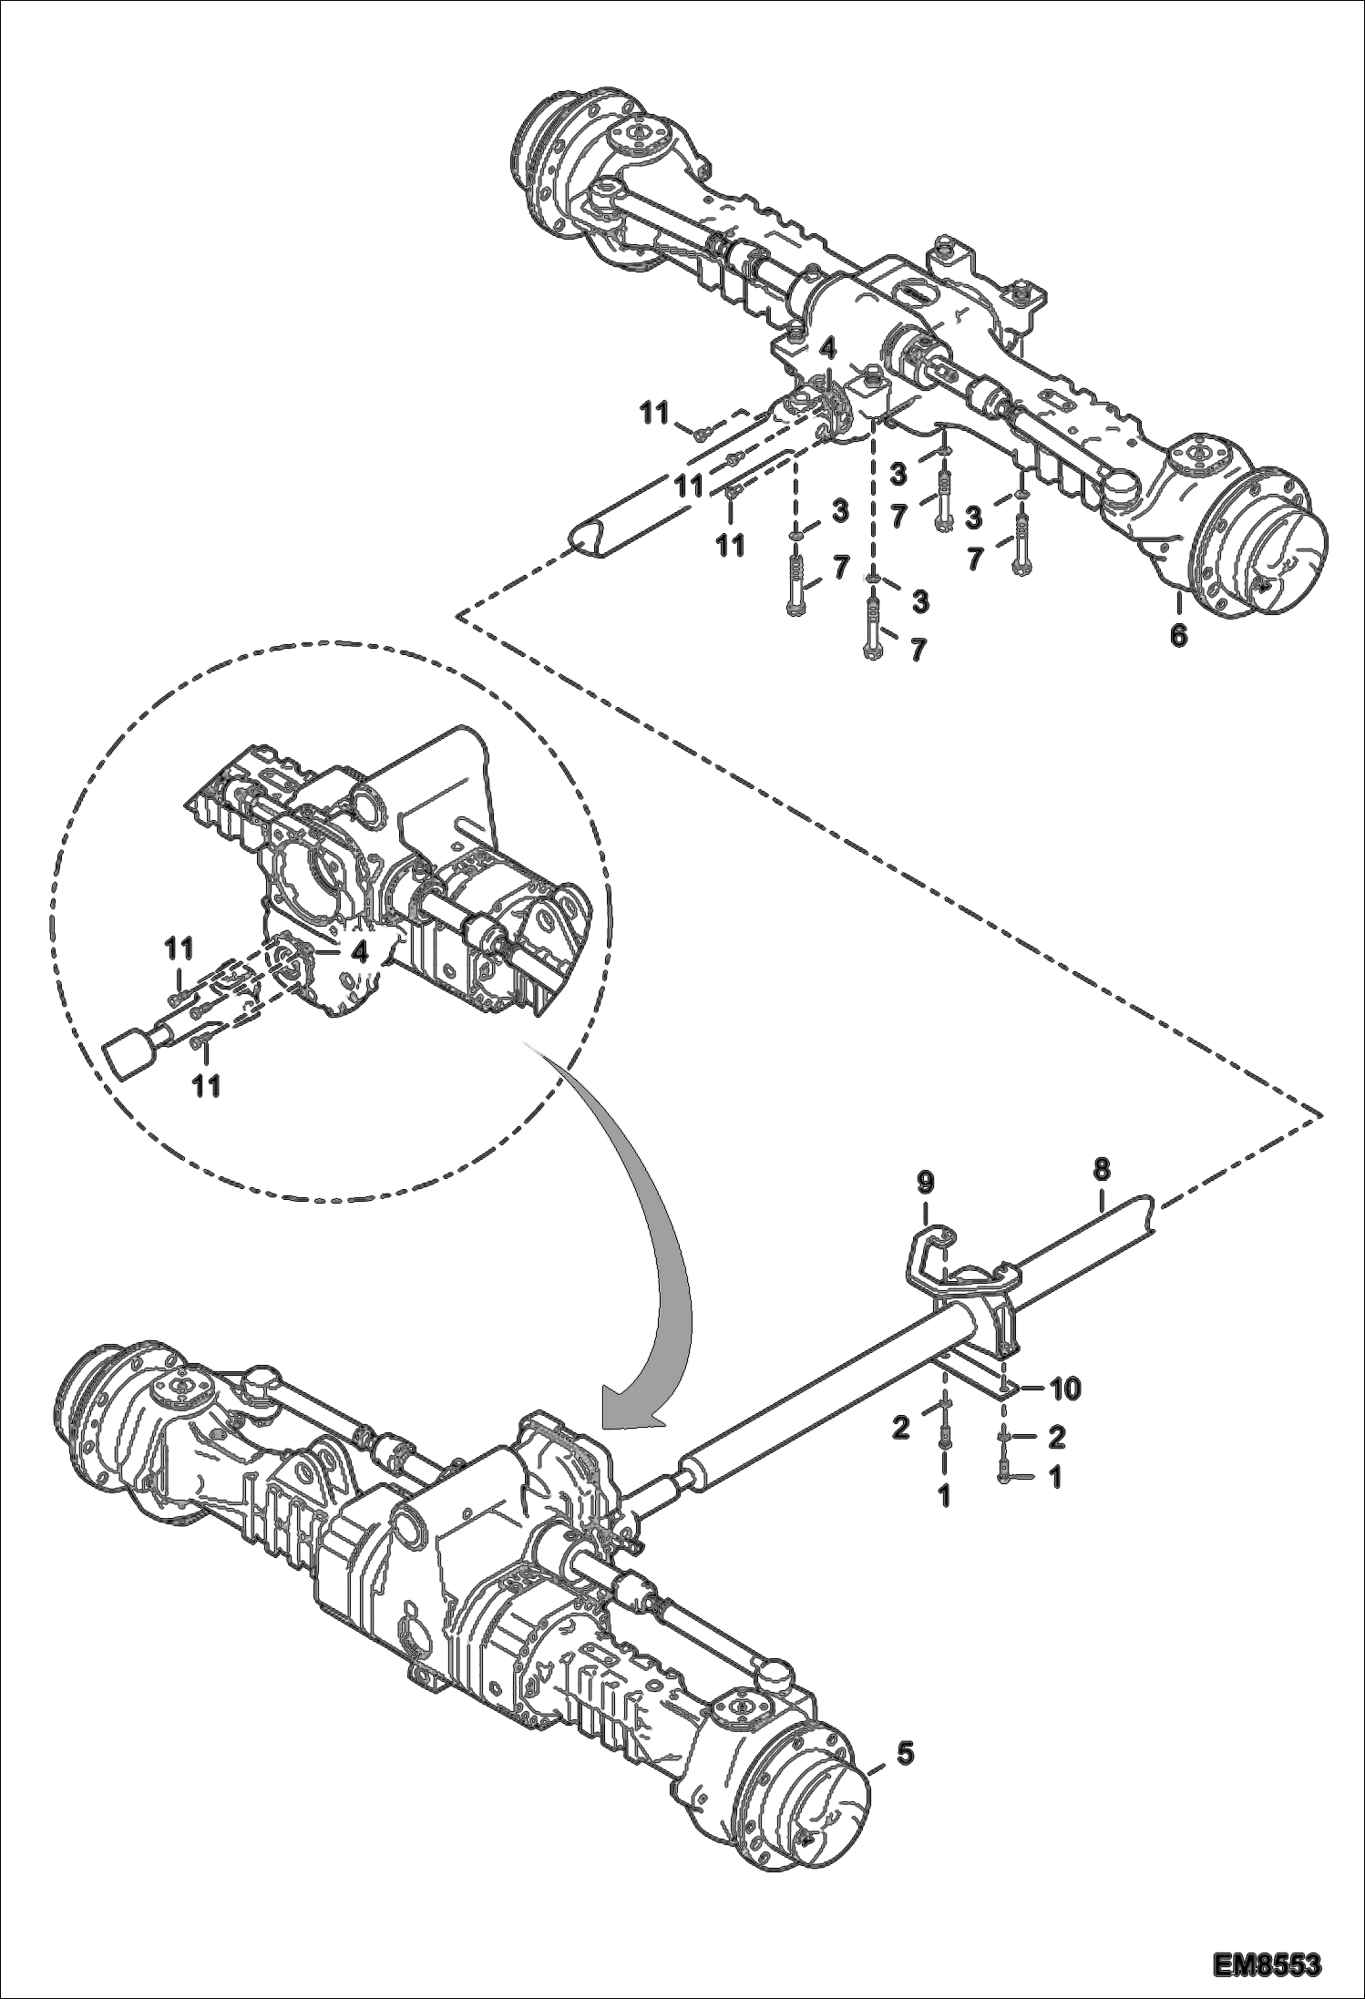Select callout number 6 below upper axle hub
click(1178, 635)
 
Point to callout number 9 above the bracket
click(926, 1184)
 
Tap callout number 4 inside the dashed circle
click(360, 953)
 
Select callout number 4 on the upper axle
click(827, 347)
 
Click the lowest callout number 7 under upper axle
click(918, 649)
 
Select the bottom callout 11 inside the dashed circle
click(206, 1086)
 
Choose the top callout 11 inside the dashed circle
click(179, 948)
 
